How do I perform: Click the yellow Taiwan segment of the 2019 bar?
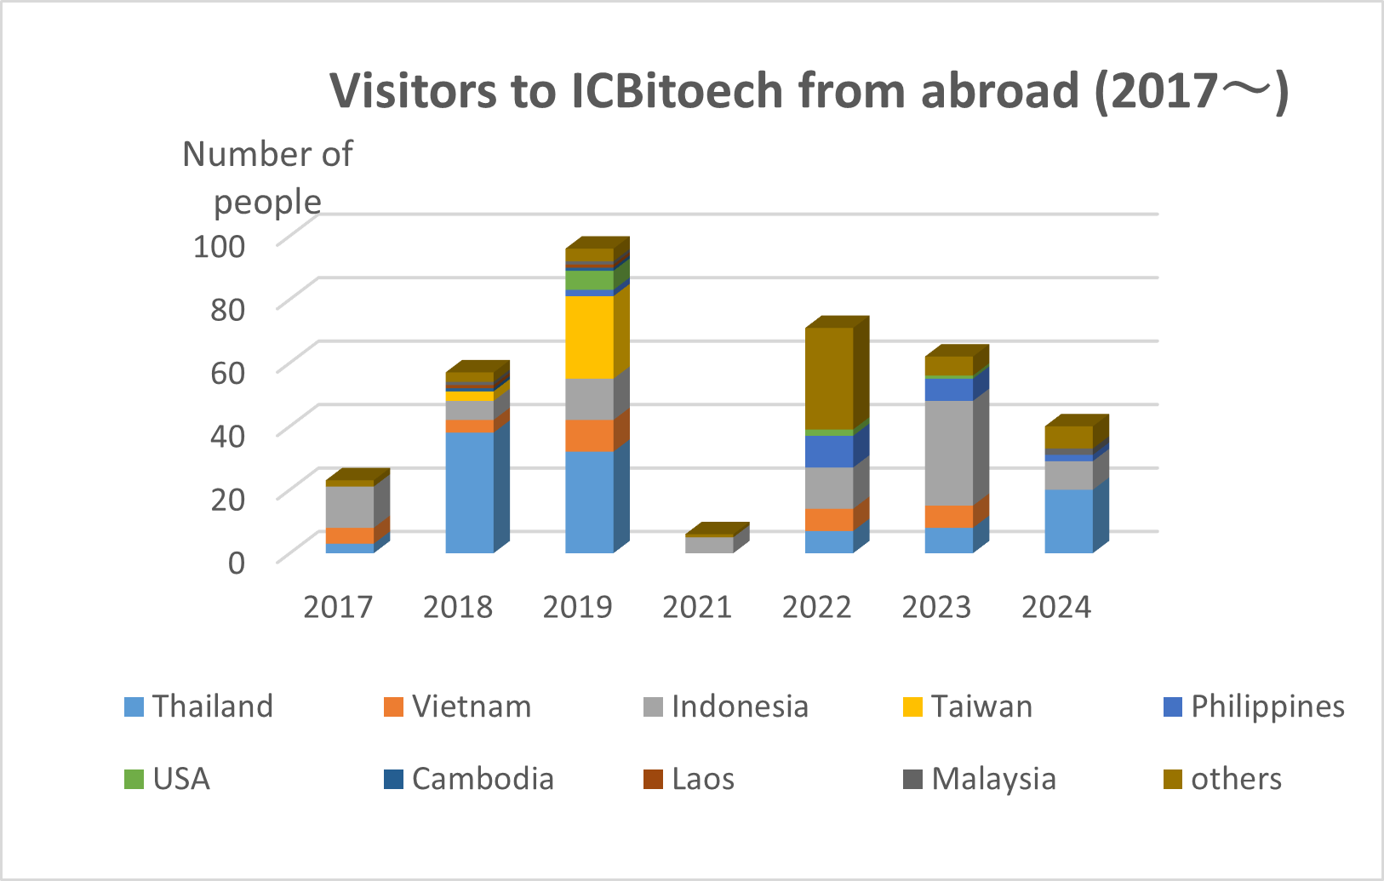(589, 337)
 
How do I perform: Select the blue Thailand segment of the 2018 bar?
(469, 492)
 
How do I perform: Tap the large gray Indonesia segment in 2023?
(948, 452)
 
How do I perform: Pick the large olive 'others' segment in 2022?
(829, 378)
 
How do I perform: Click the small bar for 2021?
(709, 545)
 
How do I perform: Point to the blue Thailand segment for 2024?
(1068, 521)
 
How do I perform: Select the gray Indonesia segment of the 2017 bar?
(350, 506)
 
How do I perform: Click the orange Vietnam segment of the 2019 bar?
(589, 435)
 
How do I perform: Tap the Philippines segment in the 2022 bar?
(829, 451)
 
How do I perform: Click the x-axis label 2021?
(697, 607)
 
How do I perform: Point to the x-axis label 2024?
(1056, 607)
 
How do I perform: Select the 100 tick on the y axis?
(219, 246)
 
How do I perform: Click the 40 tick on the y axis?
(227, 436)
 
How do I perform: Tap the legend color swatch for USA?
(134, 779)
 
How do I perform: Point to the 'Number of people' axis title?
(267, 178)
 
